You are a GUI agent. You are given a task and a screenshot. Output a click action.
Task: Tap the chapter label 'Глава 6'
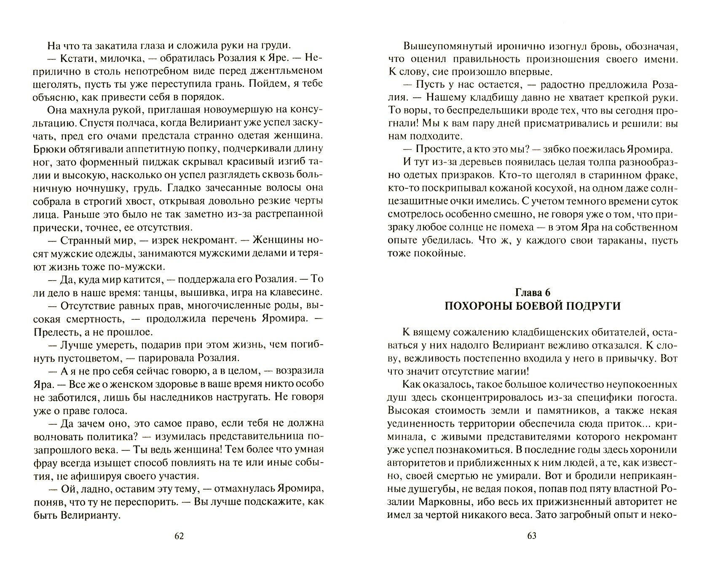[533, 292]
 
